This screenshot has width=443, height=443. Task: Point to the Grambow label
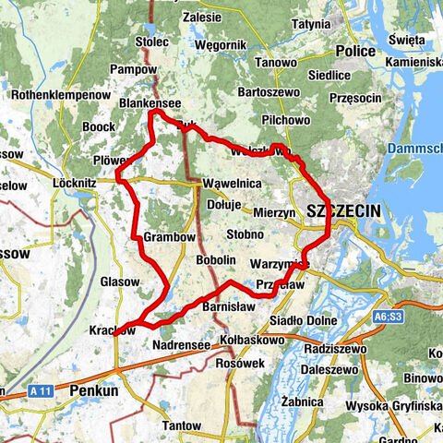pyautogui.click(x=170, y=238)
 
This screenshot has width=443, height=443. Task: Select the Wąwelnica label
pyautogui.click(x=232, y=184)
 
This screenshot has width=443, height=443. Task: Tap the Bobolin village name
pyautogui.click(x=217, y=261)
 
